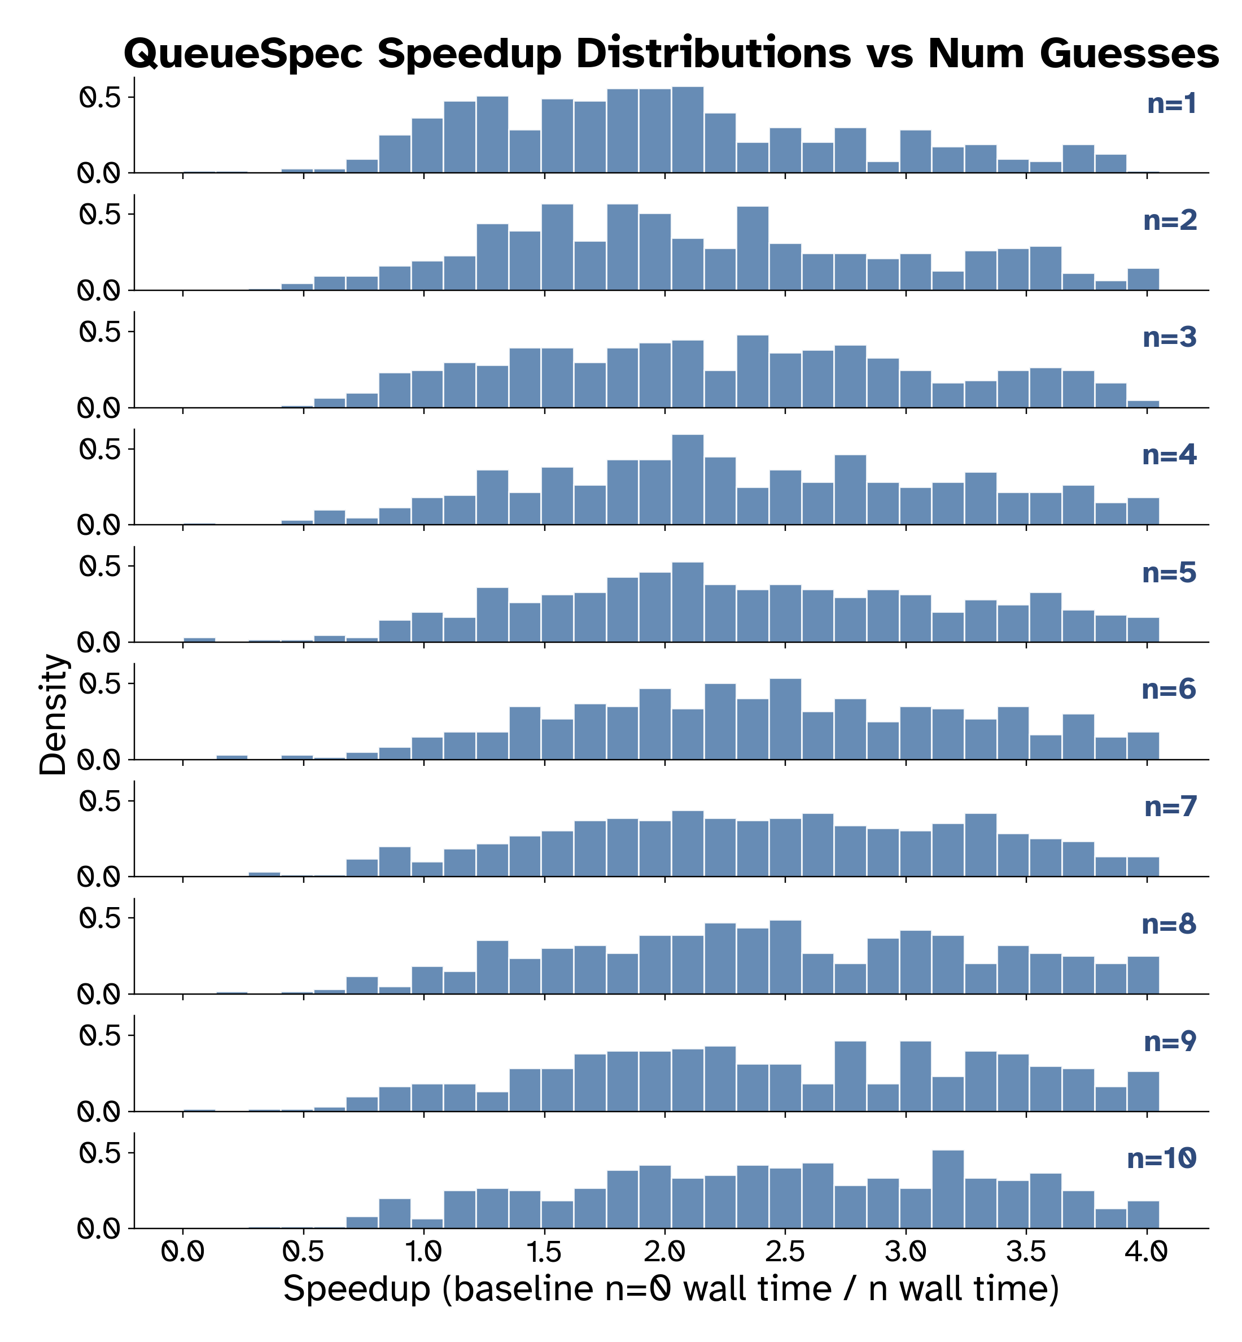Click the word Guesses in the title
(1129, 54)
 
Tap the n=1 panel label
(1171, 104)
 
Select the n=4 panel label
(1169, 455)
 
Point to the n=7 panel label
(1171, 807)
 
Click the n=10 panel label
(1161, 1158)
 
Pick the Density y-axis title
(53, 714)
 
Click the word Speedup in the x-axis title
(356, 1289)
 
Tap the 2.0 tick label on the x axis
(664, 1251)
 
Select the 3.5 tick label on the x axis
(1026, 1251)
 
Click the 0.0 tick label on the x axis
(183, 1251)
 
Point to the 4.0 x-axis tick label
(1146, 1251)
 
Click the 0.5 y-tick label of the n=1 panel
(99, 98)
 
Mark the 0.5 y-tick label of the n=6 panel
(99, 685)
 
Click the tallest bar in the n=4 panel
(688, 480)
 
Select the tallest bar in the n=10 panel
(948, 1189)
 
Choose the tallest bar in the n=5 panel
(688, 602)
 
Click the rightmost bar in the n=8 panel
(1143, 975)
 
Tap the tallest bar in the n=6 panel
(785, 719)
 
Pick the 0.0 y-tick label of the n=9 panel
(99, 1112)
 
